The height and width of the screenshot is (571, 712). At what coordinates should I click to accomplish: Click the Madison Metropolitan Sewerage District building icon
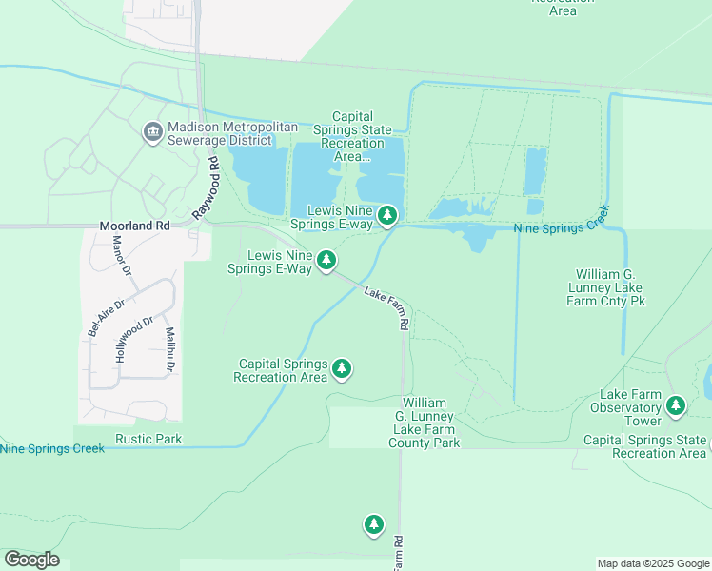(152, 133)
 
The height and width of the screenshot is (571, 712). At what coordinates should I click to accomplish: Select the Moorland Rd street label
(134, 226)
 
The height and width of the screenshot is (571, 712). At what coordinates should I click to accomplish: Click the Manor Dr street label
(120, 255)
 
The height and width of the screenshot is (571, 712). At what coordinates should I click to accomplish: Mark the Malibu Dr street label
(169, 349)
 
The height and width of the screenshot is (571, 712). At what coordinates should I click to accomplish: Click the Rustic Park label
(148, 439)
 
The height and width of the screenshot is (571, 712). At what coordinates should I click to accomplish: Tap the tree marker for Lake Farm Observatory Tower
(676, 407)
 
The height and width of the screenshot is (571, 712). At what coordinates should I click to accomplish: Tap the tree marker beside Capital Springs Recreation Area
(342, 368)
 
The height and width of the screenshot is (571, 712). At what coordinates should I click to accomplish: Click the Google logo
(31, 560)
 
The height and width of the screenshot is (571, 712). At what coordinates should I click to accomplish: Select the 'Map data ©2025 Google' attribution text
(653, 563)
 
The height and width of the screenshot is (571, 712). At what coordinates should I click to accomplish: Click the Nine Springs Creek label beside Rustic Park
(51, 448)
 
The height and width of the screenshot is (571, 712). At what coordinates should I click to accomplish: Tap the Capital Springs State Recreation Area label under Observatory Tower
(644, 446)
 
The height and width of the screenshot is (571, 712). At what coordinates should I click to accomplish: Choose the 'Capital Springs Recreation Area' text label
(282, 370)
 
